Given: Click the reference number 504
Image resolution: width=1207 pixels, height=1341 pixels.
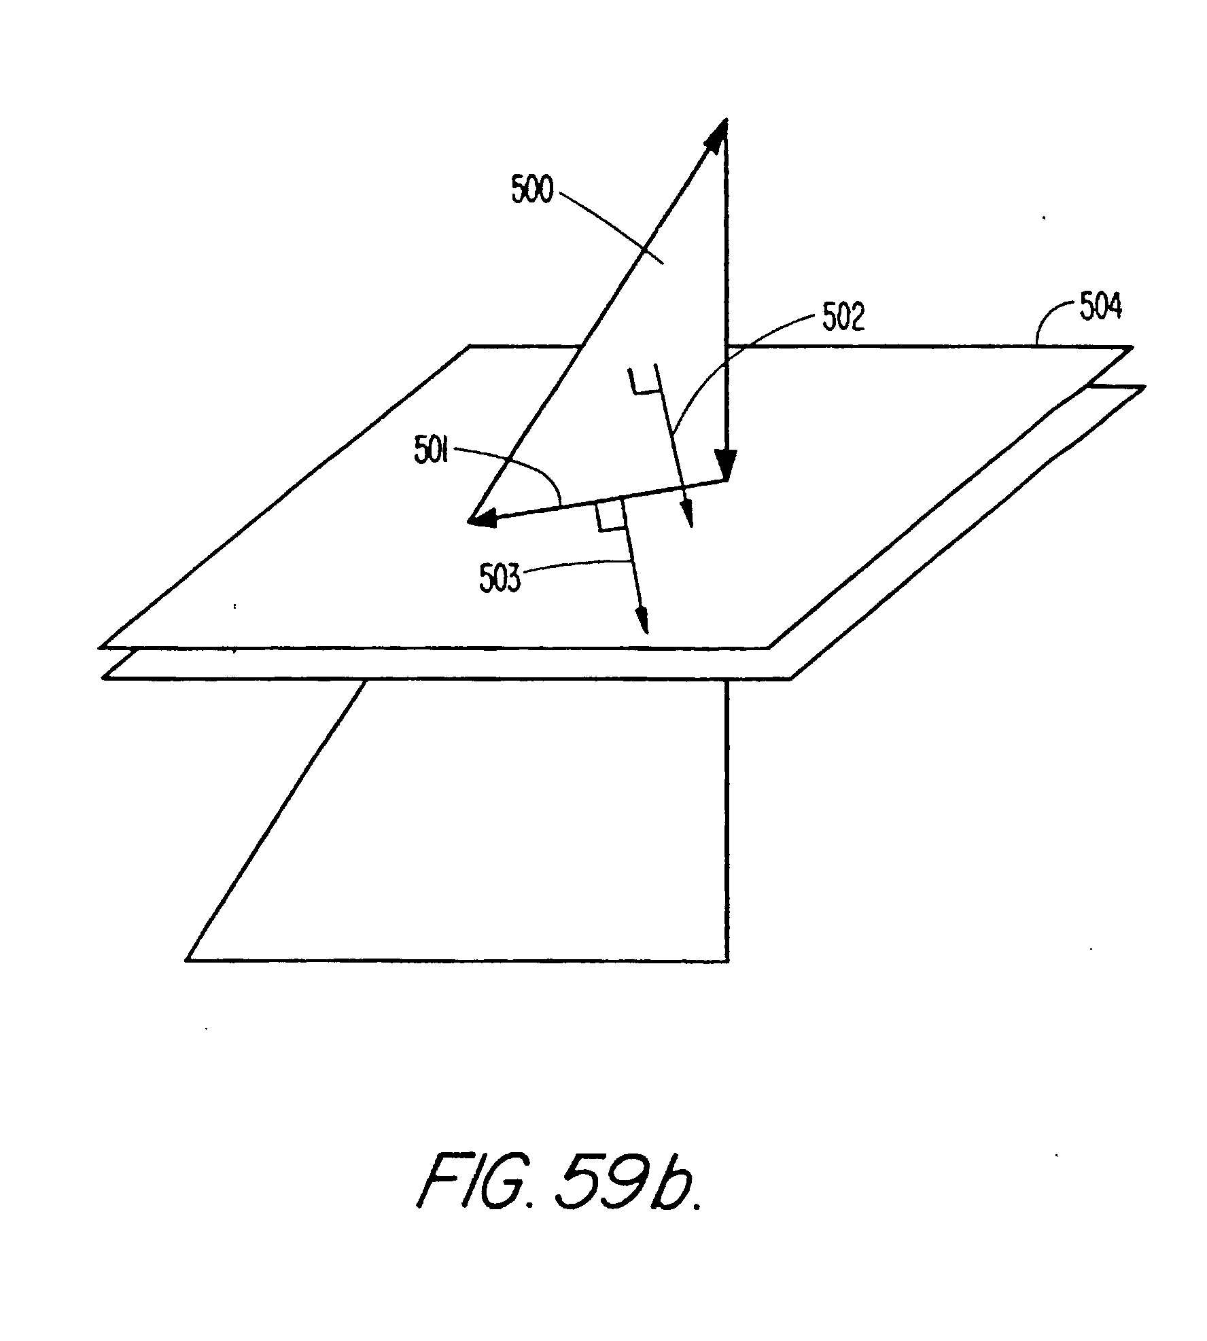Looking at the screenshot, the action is point(1100,308).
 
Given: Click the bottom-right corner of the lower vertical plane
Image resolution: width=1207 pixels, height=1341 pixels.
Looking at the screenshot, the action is point(728,961).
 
